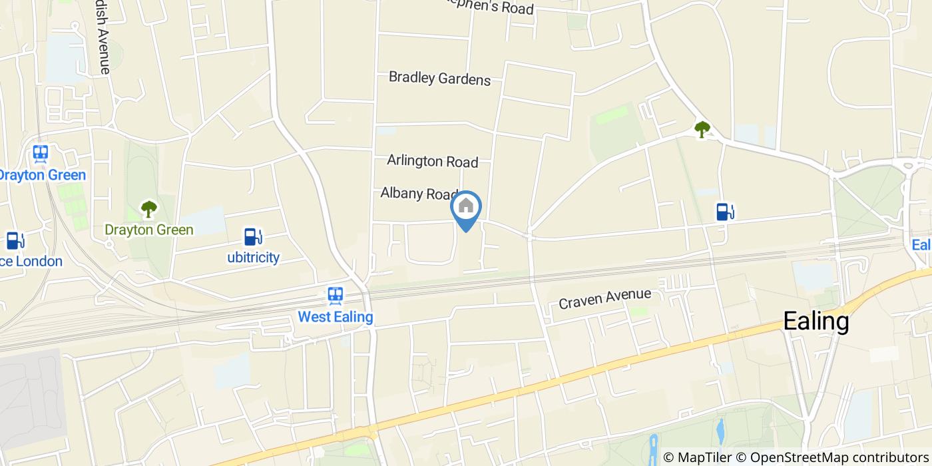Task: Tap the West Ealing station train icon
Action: tap(335, 295)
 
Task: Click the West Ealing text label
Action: tap(335, 316)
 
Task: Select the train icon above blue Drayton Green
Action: tap(41, 154)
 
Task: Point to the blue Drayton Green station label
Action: tap(41, 175)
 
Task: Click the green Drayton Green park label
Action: tap(148, 230)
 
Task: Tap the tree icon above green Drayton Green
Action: tap(148, 209)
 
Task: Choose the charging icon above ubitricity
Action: tap(252, 236)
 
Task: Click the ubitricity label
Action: tap(253, 257)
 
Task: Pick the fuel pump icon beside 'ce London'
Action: tap(13, 240)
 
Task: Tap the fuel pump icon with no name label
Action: tap(724, 212)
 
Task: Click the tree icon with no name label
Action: tap(702, 129)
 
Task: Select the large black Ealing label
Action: tap(815, 322)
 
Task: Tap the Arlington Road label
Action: tap(433, 161)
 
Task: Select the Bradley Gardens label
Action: tap(439, 78)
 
